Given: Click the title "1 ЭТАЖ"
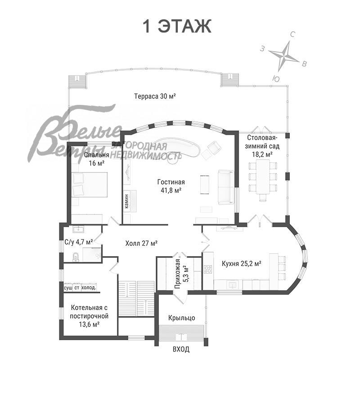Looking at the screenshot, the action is (x=177, y=26).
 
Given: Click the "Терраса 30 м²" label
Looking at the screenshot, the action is (x=155, y=96).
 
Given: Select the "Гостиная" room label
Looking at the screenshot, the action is (x=171, y=182).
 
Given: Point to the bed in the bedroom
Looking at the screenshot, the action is (x=90, y=184).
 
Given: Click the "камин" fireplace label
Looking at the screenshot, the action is (x=127, y=201).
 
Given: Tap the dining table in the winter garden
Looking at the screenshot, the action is (x=263, y=176).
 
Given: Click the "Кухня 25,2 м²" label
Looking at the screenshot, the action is (x=241, y=264).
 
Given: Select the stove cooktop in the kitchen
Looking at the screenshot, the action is (x=208, y=270).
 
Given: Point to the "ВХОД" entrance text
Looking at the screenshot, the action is (x=181, y=349).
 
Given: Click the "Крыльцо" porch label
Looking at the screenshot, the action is (x=181, y=318).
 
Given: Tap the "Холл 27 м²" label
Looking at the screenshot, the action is (x=141, y=243).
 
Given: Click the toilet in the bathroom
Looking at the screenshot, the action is (x=76, y=257).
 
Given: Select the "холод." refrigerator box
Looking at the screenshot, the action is (x=89, y=288).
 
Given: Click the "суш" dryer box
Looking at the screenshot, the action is (x=68, y=288).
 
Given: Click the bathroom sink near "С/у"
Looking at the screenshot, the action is (x=78, y=229).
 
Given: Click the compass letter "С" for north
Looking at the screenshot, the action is (x=292, y=35).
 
